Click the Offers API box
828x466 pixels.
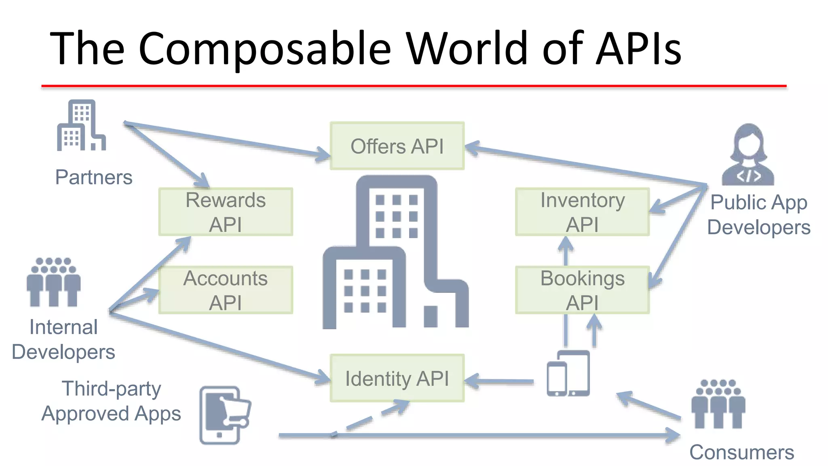tap(397, 146)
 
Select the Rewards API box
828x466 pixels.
tap(226, 212)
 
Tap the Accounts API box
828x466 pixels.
tap(226, 290)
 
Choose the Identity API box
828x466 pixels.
tap(397, 378)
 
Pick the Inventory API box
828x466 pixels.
tap(582, 212)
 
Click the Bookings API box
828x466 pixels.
tap(582, 290)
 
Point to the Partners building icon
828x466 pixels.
tap(81, 126)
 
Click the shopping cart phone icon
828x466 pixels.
tap(224, 415)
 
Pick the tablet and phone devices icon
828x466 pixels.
tap(568, 373)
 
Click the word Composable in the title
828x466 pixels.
tap(265, 49)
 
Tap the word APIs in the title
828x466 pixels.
tap(639, 49)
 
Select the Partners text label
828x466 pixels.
tap(94, 177)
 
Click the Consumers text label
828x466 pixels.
tap(741, 452)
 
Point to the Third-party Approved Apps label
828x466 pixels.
tap(111, 401)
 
